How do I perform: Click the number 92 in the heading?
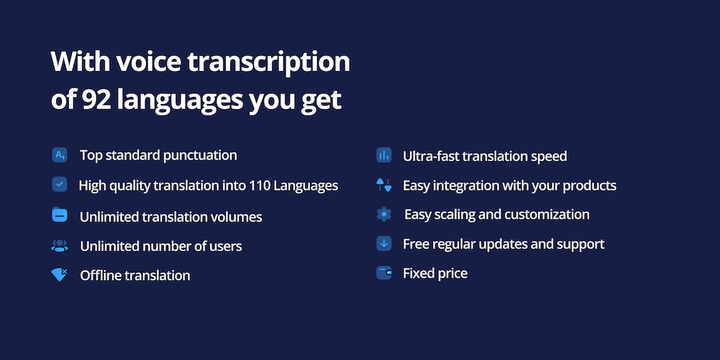[96, 100]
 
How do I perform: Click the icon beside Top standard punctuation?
[60, 155]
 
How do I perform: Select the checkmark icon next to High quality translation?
[60, 185]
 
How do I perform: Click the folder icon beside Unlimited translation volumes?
[60, 215]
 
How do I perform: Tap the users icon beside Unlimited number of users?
[60, 245]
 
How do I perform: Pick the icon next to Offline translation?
[59, 275]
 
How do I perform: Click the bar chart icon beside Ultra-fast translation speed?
[384, 155]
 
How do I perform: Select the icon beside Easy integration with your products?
[384, 185]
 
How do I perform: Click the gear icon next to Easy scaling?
[384, 214]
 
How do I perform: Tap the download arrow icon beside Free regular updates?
[384, 243]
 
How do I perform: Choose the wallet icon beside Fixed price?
[384, 273]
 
